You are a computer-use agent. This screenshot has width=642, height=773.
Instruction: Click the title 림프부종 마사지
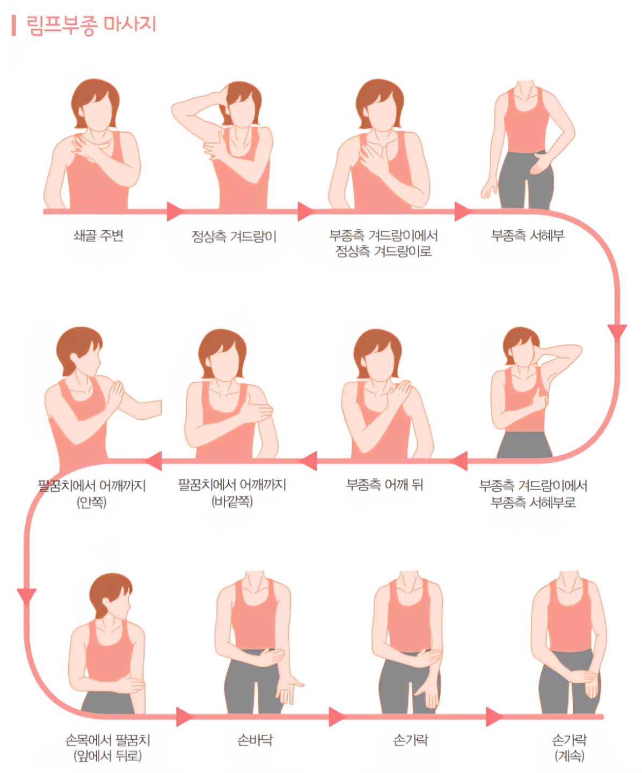pyautogui.click(x=91, y=25)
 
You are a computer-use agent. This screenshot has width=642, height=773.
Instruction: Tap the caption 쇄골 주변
pyautogui.click(x=98, y=236)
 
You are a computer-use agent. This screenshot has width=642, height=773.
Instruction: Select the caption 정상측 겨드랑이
pyautogui.click(x=234, y=236)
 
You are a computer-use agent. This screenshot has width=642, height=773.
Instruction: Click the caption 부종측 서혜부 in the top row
pyautogui.click(x=528, y=236)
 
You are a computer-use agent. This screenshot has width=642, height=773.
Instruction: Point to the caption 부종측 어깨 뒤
pyautogui.click(x=384, y=485)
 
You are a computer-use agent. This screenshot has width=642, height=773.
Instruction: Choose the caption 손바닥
pyautogui.click(x=255, y=740)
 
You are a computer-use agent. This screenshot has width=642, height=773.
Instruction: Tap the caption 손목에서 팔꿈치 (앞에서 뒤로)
pyautogui.click(x=108, y=748)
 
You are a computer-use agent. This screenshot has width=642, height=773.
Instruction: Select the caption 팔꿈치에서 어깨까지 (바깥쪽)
pyautogui.click(x=232, y=493)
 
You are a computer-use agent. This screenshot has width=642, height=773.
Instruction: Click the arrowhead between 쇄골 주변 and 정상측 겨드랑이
pyautogui.click(x=175, y=212)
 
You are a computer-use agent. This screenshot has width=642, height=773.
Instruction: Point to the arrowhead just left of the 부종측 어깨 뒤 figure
pyautogui.click(x=309, y=461)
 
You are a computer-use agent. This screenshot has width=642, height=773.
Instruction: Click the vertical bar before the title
pyautogui.click(x=14, y=25)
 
